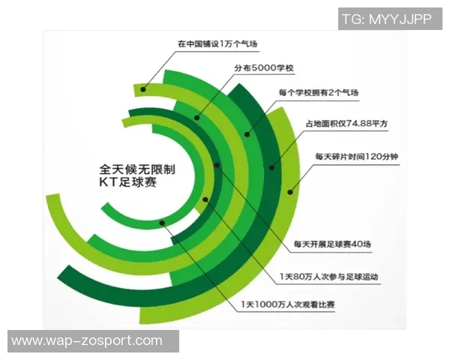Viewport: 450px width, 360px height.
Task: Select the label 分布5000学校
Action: tap(263, 68)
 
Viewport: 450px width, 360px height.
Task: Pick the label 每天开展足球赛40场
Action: tap(331, 244)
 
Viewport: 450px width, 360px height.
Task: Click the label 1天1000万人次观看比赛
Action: tap(287, 304)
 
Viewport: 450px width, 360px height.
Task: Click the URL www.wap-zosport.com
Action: tap(87, 341)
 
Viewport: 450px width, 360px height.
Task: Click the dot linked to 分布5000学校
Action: tap(197, 117)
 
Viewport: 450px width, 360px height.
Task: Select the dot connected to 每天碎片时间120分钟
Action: tap(289, 189)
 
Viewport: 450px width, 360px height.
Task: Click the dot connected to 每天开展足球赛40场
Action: tap(217, 164)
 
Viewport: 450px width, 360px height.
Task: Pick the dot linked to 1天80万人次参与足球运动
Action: tap(205, 199)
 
